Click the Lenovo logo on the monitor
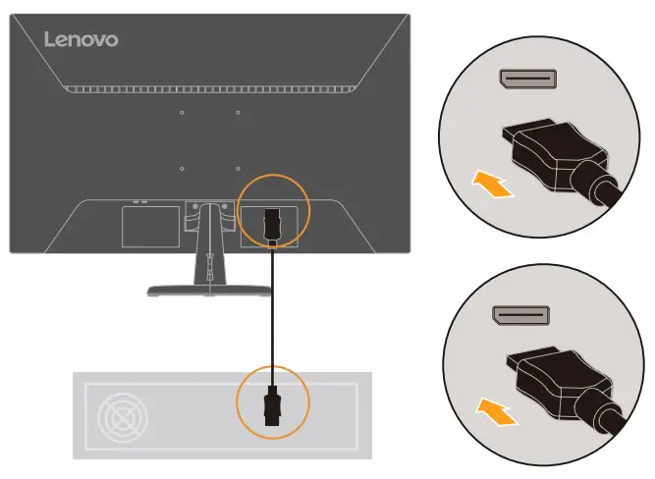pos(81,39)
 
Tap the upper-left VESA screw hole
pos(183,113)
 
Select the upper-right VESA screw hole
pos(239,113)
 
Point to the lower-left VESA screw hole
pos(183,169)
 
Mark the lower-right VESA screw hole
pos(239,169)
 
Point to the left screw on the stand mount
pos(193,207)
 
